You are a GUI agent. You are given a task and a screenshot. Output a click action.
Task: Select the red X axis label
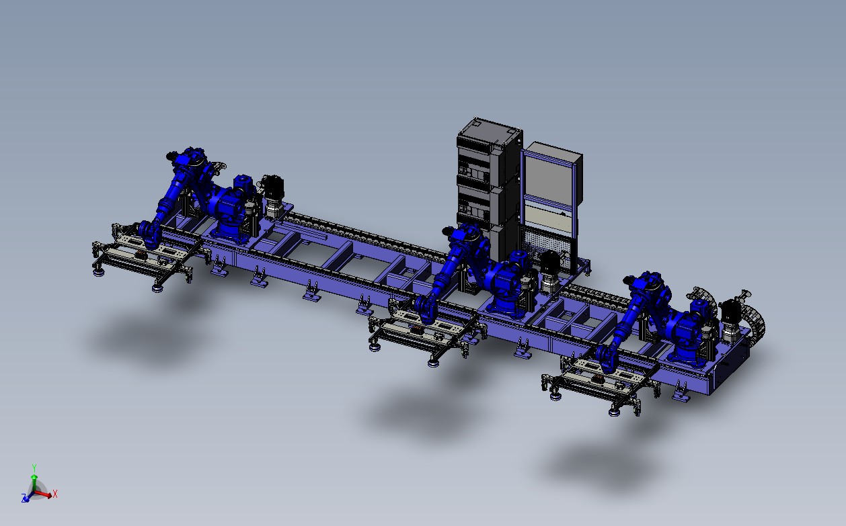pyautogui.click(x=55, y=494)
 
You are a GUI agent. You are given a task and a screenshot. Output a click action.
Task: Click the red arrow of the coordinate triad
pyautogui.click(x=46, y=494)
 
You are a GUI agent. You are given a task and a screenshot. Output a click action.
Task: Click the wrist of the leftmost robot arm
pyautogui.click(x=149, y=234)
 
